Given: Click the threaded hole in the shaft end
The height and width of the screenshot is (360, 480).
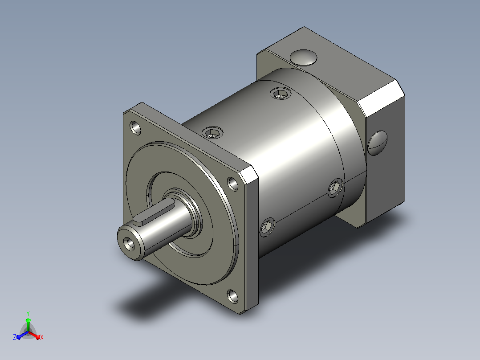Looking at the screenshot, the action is coord(129,244).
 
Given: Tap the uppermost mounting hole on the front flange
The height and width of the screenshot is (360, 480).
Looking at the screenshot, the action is coord(135,127).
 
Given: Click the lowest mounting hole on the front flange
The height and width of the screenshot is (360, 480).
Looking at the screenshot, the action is coord(232,296).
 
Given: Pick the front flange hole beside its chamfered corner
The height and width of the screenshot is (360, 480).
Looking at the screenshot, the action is coord(232,184).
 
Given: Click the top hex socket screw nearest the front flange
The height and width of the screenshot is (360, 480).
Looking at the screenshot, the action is coord(212,132).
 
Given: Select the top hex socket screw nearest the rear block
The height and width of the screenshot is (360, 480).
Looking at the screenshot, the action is coord(281,93).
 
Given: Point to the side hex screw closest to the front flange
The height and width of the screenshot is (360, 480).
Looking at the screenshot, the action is coord(267,227).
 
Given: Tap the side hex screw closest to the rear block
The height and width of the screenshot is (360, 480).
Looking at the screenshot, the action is coord(336,188).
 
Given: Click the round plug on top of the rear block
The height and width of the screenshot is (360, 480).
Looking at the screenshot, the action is coord(303,58).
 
